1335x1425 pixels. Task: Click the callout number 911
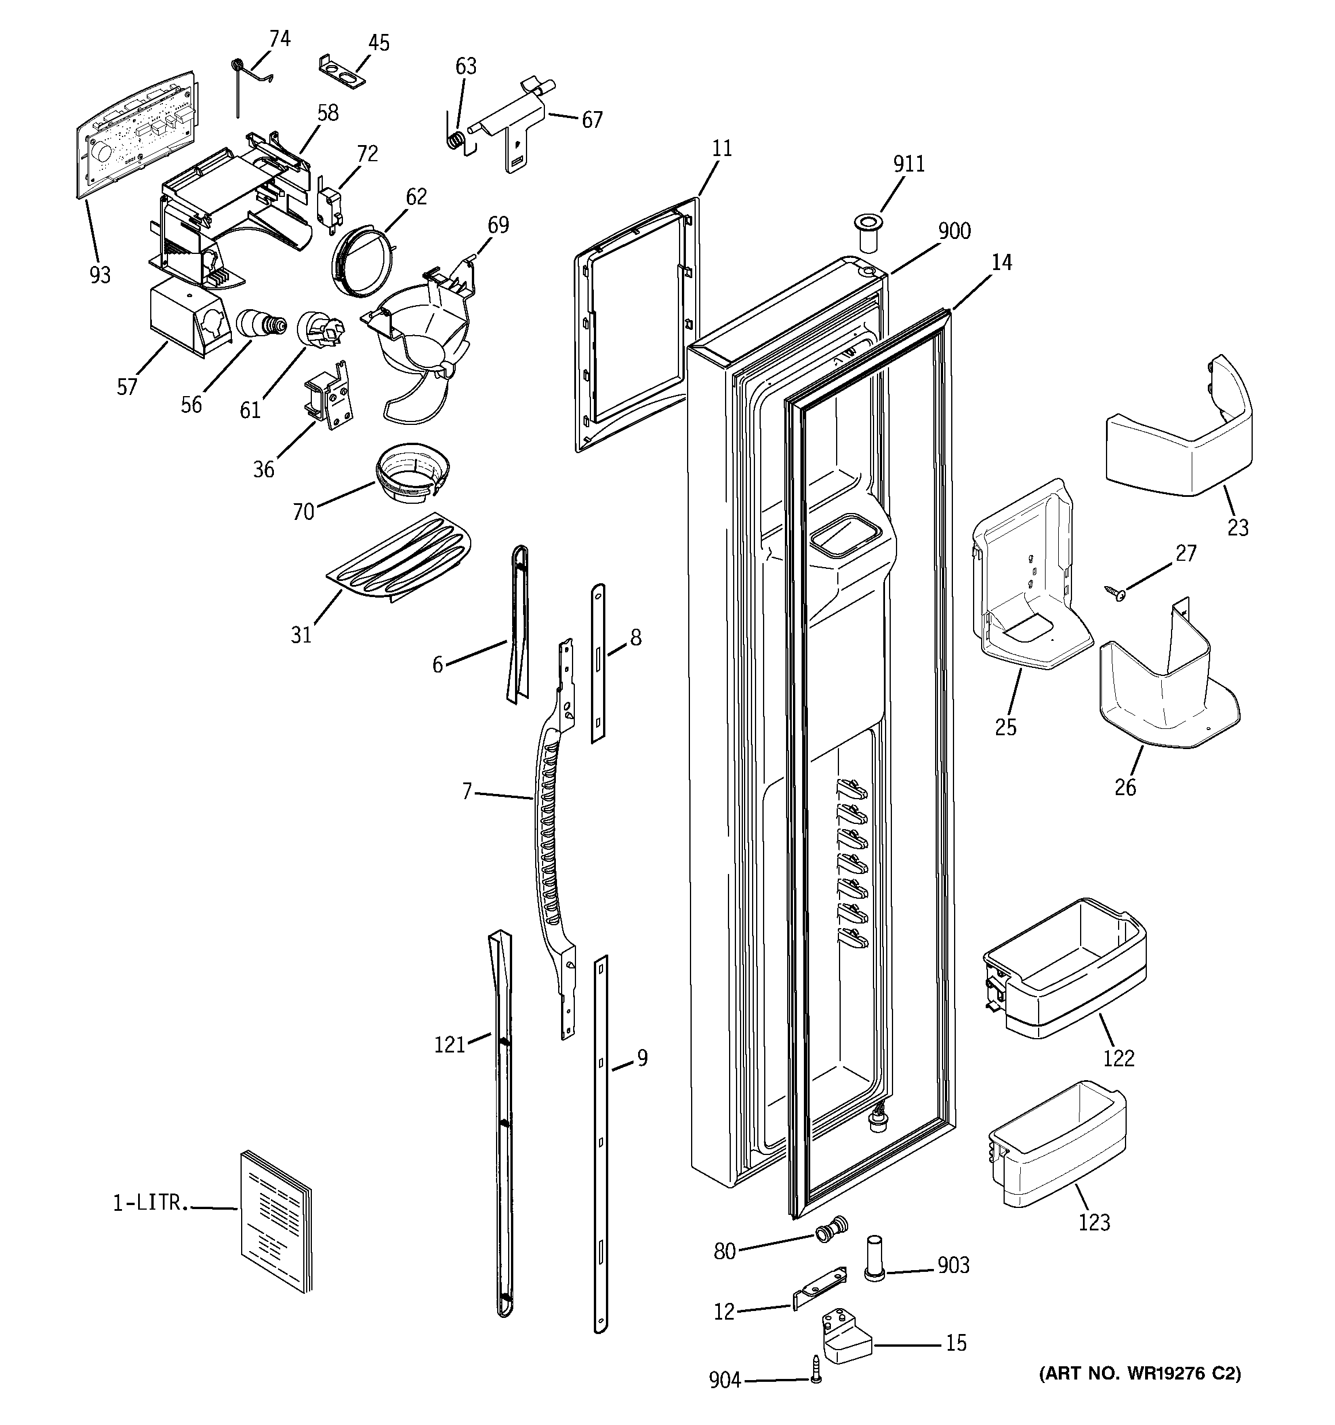coord(909,164)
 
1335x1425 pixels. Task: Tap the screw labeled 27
coord(1115,591)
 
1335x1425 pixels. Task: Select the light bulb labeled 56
coord(260,325)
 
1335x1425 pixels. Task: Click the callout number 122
coord(1119,1058)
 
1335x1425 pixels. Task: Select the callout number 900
coord(953,231)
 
